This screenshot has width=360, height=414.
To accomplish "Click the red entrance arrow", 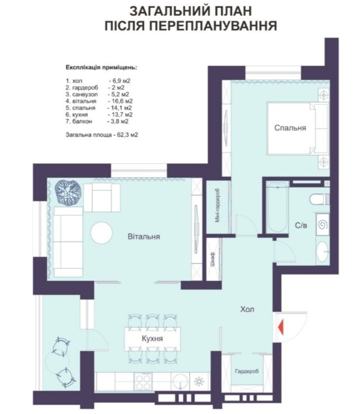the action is pyautogui.click(x=281, y=327).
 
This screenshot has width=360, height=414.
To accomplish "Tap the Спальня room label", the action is pyautogui.click(x=290, y=128).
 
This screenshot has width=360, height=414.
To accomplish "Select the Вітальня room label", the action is pyautogui.click(x=144, y=237).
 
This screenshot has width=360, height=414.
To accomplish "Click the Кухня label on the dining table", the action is pyautogui.click(x=152, y=338).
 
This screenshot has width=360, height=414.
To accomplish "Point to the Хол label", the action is pyautogui.click(x=247, y=309).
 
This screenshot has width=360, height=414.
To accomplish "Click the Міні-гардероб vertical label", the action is pyautogui.click(x=218, y=205).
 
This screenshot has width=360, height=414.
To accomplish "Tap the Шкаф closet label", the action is pyautogui.click(x=213, y=259).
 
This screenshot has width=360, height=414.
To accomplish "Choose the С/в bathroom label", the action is pyautogui.click(x=301, y=225).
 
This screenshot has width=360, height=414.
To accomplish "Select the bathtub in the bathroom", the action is pyautogui.click(x=277, y=207).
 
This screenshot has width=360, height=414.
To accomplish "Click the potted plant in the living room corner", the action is pyautogui.click(x=68, y=193).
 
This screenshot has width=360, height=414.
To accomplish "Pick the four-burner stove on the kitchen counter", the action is pyautogui.click(x=143, y=381).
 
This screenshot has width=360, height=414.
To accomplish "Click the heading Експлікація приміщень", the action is pyautogui.click(x=101, y=68).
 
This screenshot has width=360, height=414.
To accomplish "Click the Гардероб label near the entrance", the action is pyautogui.click(x=247, y=372).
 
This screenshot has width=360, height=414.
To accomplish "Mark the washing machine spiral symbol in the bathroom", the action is pyautogui.click(x=323, y=225).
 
